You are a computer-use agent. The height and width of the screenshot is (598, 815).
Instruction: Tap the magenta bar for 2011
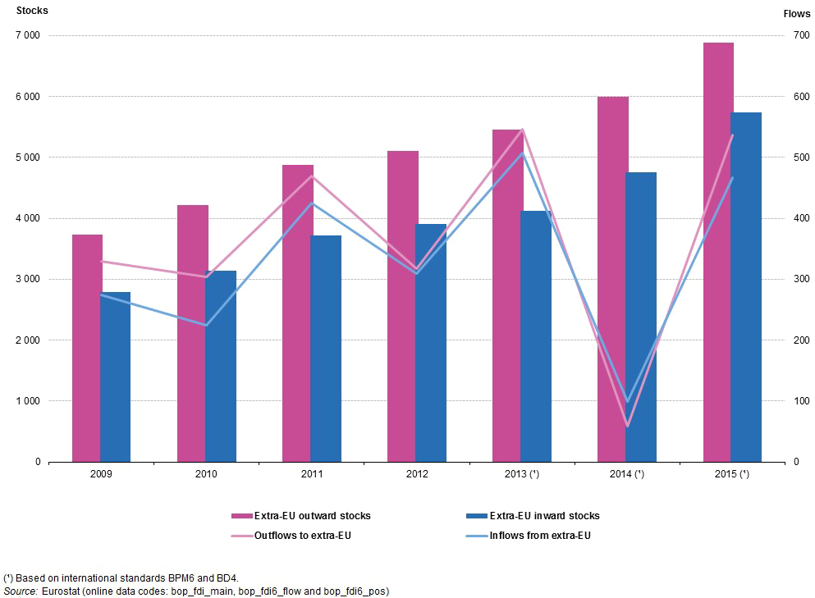(x=296, y=312)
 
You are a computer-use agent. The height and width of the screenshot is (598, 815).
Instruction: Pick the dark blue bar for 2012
(x=431, y=342)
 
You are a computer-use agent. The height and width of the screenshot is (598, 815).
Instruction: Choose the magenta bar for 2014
(x=612, y=279)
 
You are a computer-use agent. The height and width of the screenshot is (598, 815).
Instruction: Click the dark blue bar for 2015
(x=746, y=286)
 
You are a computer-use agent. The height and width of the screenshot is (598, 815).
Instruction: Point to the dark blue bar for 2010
(x=221, y=366)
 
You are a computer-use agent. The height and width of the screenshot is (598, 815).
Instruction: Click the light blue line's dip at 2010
(x=205, y=326)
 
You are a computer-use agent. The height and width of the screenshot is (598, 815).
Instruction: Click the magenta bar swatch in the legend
(x=241, y=516)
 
